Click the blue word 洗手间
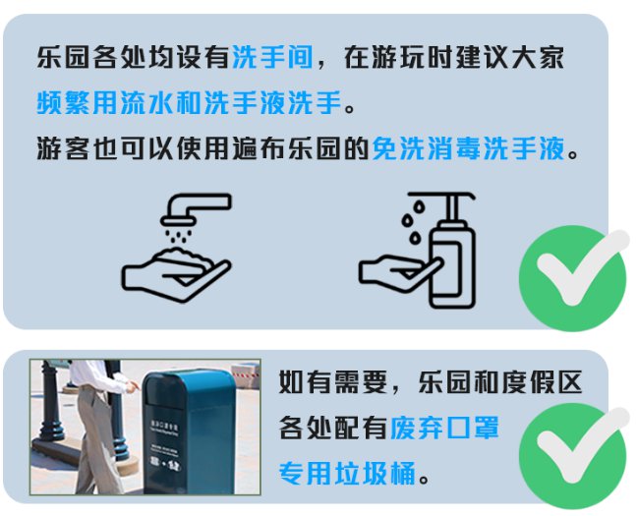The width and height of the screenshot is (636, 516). coord(272,57)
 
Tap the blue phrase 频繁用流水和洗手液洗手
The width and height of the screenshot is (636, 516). coord(190,102)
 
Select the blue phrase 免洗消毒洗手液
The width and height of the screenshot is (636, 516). coord(469,148)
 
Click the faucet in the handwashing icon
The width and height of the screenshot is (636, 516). coord(196,209)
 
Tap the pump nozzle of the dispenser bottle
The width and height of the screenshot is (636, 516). coord(442,198)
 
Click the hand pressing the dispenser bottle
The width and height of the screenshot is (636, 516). coord(399,272)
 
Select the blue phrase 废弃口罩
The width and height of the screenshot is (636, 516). coord(444,428)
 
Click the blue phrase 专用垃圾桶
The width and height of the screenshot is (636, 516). coord(348,473)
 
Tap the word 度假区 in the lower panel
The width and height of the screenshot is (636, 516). coord(543,381)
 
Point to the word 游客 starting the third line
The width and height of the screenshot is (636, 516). coord(63,148)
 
